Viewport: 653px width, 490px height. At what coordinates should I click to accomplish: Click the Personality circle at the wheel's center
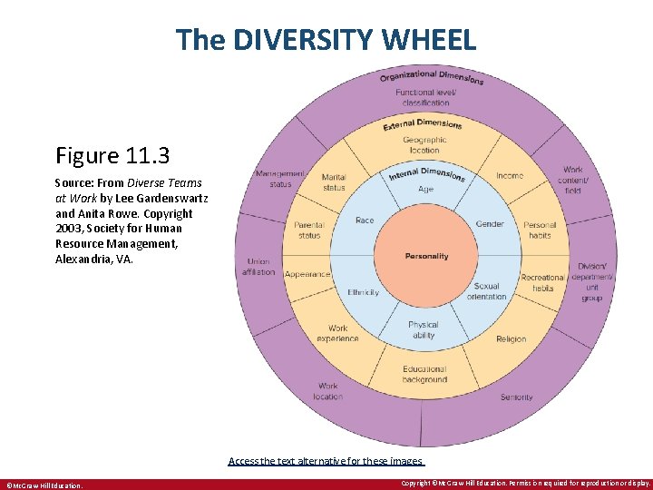[x=426, y=256]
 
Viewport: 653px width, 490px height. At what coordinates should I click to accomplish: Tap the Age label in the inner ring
[x=425, y=190]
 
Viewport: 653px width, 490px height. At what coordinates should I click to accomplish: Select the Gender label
[x=490, y=223]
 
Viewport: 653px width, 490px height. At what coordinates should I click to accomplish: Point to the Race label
[x=365, y=220]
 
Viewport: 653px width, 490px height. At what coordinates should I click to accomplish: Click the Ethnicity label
[x=363, y=292]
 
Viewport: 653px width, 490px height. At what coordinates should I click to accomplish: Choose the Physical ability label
[x=423, y=328]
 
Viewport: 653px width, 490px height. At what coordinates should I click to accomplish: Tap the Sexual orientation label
[x=487, y=290]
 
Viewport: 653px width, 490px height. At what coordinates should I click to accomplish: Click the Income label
[x=510, y=175]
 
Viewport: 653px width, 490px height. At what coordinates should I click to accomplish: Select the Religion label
[x=511, y=339]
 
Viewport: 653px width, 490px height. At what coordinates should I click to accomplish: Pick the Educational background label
[x=424, y=374]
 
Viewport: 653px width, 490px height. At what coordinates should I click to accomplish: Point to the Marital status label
[x=334, y=181]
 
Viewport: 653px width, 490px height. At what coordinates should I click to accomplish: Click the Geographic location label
[x=424, y=145]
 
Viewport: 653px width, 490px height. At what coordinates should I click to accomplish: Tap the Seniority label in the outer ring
[x=516, y=397]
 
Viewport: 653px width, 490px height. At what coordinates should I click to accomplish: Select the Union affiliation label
[x=258, y=267]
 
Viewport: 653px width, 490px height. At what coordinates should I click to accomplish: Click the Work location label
[x=328, y=391]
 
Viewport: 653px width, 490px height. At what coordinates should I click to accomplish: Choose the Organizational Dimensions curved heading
[x=431, y=75]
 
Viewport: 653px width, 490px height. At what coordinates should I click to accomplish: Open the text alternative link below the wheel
[x=326, y=461]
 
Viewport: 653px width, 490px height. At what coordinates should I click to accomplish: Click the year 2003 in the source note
[x=73, y=229]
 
